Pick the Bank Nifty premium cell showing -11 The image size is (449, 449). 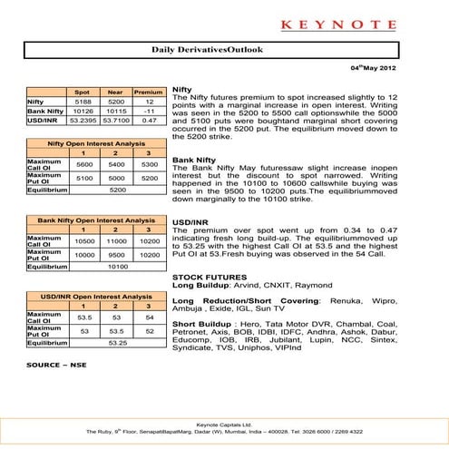click(142, 111)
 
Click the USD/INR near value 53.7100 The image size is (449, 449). click(113, 119)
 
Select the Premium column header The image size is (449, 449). click(142, 93)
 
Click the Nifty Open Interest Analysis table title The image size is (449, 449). click(95, 145)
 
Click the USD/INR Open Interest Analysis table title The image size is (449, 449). click(95, 297)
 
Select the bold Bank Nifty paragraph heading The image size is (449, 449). click(196, 160)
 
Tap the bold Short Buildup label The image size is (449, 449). click(200, 323)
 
